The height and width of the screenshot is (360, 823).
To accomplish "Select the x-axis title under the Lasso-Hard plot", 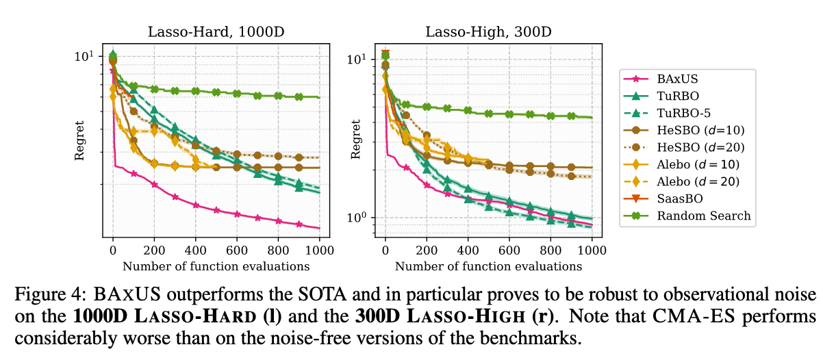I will coord(216,266).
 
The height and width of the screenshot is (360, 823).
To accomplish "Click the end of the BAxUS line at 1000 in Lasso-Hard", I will coord(319,227).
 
